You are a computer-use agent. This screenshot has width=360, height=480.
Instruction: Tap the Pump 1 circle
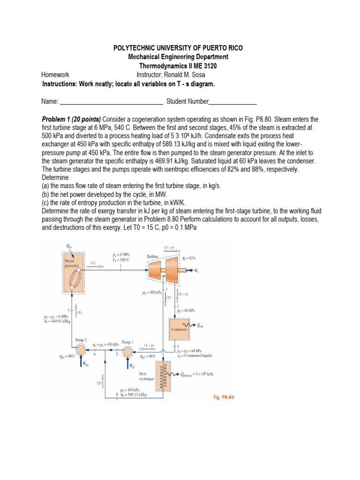click(x=127, y=351)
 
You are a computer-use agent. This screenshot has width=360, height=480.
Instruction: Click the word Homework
click(x=55, y=75)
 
